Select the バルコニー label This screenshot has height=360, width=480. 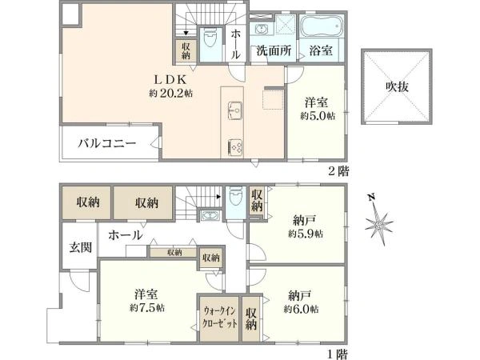[x=106, y=144]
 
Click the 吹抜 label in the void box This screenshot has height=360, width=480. [x=398, y=86]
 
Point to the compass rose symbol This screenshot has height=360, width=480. [x=375, y=222]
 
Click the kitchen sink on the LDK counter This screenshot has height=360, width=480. [x=236, y=110]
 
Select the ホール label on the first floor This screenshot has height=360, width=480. [x=126, y=236]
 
